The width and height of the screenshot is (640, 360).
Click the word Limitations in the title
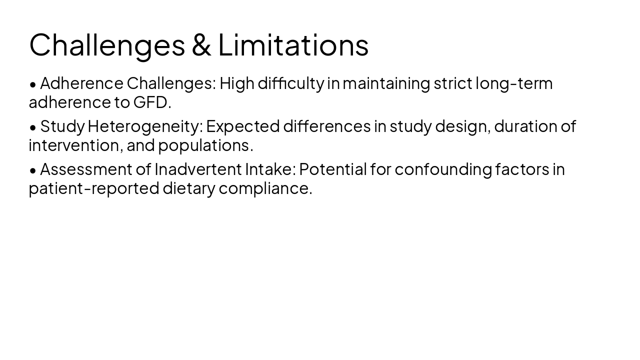pos(293,44)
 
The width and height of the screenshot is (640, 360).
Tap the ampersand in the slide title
pos(201,44)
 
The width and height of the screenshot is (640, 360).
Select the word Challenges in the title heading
pos(107,45)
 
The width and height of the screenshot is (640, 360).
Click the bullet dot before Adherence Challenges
pos(33,85)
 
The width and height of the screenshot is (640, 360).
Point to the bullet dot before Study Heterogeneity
pos(33,128)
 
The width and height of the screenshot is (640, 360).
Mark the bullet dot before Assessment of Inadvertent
pos(33,171)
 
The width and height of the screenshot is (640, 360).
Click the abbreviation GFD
pos(150,102)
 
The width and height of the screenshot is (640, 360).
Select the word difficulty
pos(290,83)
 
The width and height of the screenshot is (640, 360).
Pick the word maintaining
pos(386,83)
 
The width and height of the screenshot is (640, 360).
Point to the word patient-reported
pos(93,188)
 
